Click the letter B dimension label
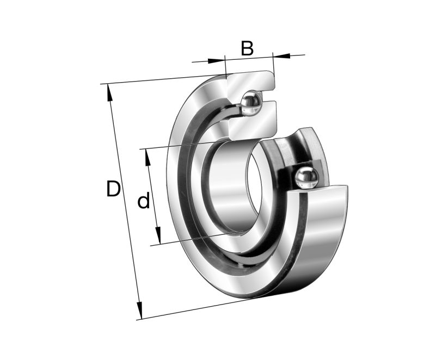click(x=247, y=48)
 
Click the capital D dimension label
click(x=113, y=189)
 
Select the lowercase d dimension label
click(x=143, y=202)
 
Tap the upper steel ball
click(x=251, y=103)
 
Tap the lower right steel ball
click(x=306, y=178)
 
